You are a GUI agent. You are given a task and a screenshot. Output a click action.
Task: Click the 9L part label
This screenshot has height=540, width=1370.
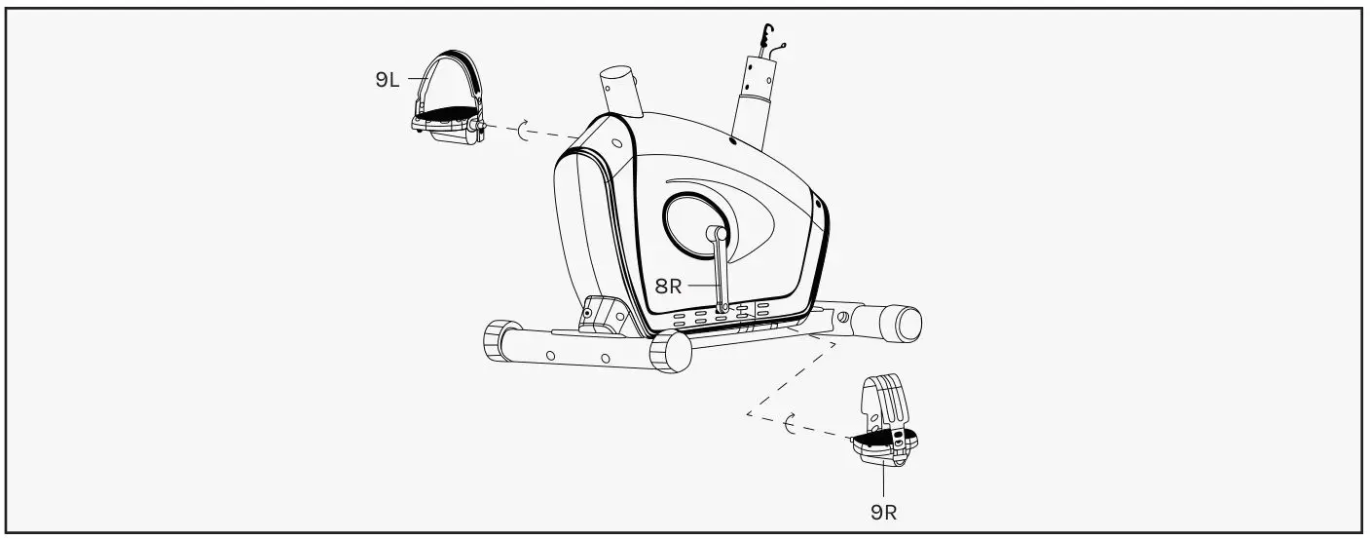pos(388,81)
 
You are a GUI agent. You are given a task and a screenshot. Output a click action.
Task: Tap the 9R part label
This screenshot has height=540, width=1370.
pos(883,511)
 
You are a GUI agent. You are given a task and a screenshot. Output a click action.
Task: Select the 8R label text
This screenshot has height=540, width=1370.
pos(668,287)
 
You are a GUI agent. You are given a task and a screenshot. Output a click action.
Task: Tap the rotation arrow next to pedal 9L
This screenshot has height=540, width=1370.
pos(527,132)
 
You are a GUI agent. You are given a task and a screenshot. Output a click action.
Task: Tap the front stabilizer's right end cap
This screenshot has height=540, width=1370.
pos(672,352)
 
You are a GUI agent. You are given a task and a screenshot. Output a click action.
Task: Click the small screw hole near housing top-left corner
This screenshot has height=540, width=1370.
pos(616,143)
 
